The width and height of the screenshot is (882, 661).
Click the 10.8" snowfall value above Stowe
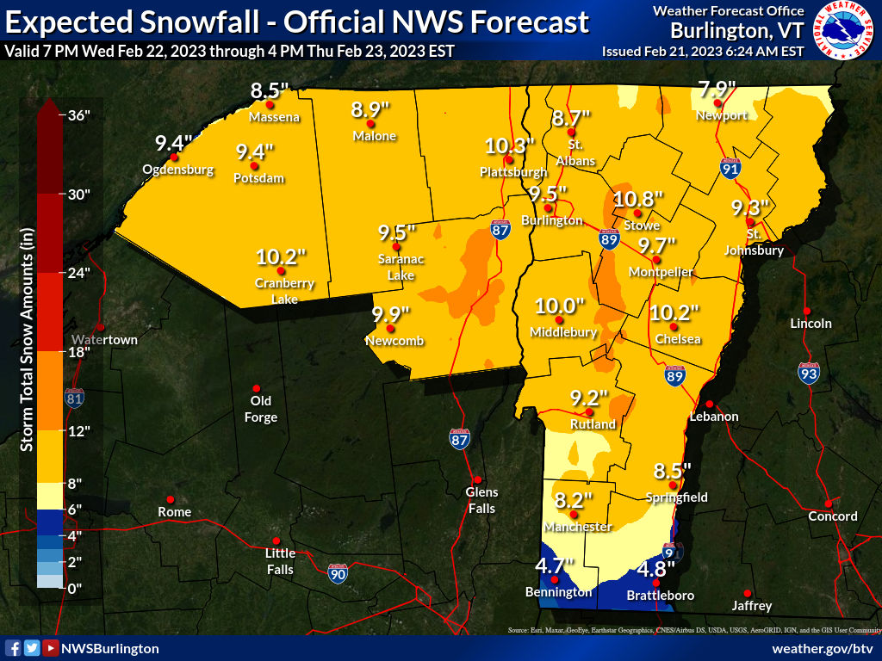pyautogui.click(x=638, y=199)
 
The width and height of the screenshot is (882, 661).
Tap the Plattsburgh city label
pyautogui.click(x=513, y=172)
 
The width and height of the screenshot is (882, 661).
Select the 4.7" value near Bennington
pyautogui.click(x=554, y=566)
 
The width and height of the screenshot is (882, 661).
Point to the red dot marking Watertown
pyautogui.click(x=101, y=327)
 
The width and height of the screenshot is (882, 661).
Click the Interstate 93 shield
pyautogui.click(x=808, y=373)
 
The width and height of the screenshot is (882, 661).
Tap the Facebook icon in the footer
pyautogui.click(x=13, y=648)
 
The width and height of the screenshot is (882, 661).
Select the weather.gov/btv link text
pyautogui.click(x=823, y=648)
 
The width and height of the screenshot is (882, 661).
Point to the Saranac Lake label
pyautogui.click(x=401, y=268)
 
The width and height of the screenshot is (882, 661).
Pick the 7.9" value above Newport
pyautogui.click(x=717, y=90)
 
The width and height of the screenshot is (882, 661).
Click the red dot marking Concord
pyautogui.click(x=828, y=503)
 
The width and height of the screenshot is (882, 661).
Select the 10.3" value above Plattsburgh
pyautogui.click(x=510, y=145)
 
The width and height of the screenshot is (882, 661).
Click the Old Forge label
pyautogui.click(x=261, y=410)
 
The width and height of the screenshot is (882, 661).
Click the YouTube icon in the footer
pyautogui.click(x=51, y=648)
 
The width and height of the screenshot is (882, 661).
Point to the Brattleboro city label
pyautogui.click(x=660, y=595)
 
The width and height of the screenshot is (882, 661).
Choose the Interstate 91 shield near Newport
pyautogui.click(x=731, y=169)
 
